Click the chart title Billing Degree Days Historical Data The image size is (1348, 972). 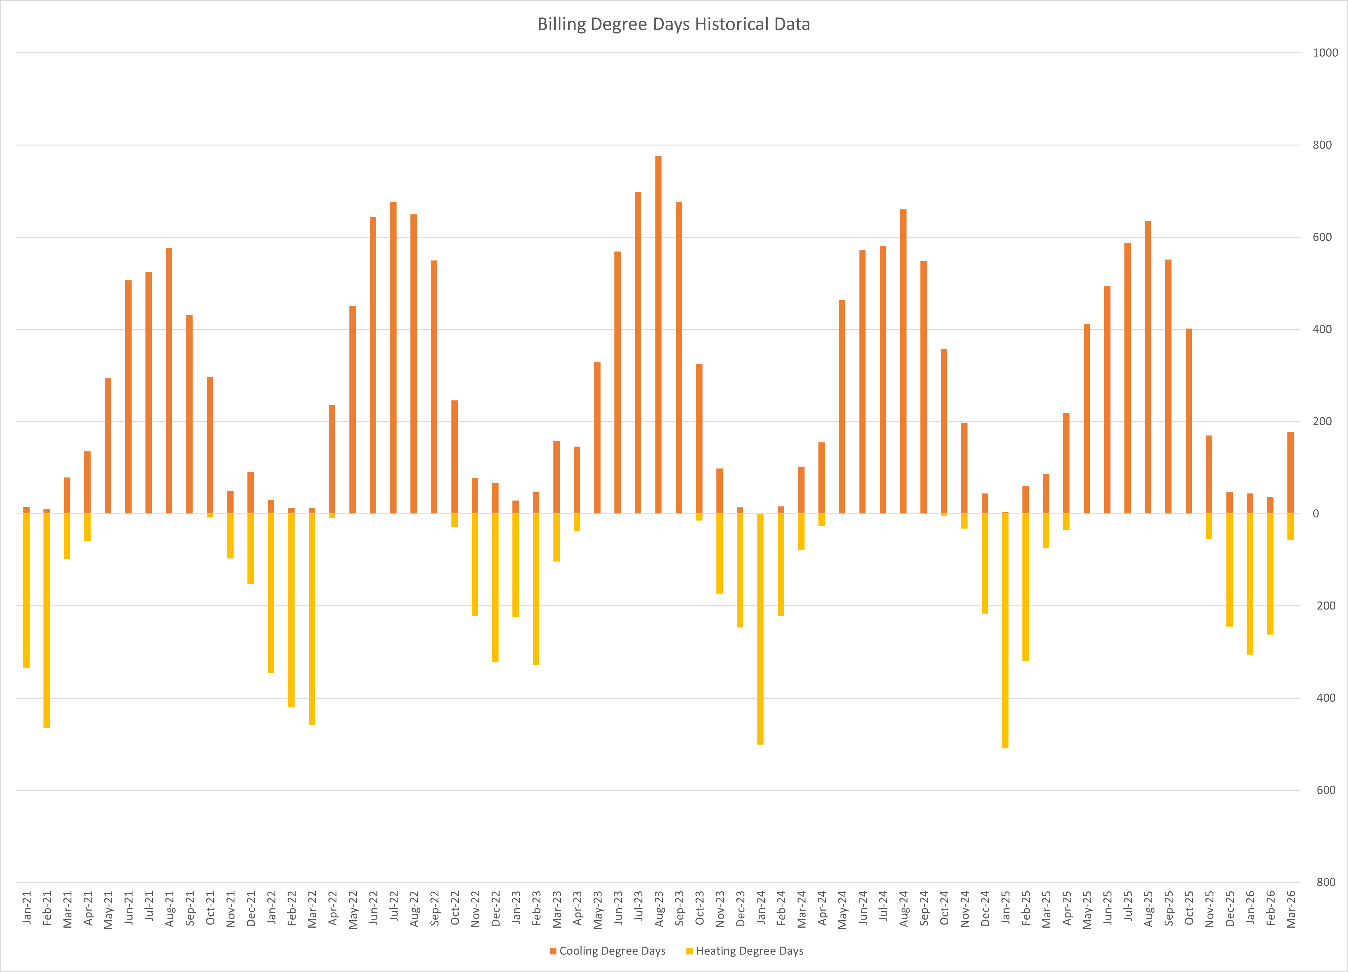point(674,24)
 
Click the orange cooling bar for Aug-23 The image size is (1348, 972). point(658,335)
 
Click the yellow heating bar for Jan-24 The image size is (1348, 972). point(760,629)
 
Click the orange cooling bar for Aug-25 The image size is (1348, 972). point(1148,367)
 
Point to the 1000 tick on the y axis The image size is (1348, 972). point(1325,53)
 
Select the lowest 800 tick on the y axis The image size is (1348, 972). point(1326,882)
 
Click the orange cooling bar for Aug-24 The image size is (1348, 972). point(903,361)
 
